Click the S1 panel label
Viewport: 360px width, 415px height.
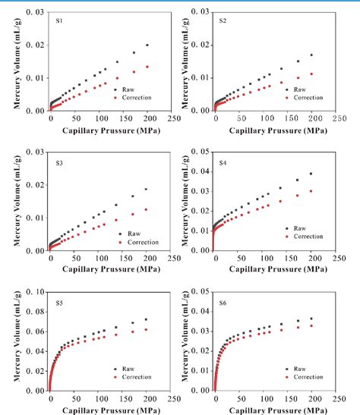pyautogui.click(x=58, y=20)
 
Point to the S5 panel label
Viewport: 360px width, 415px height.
pyautogui.click(x=58, y=302)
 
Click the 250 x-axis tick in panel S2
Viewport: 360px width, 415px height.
pyautogui.click(x=338, y=118)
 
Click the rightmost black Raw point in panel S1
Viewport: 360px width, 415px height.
pyautogui.click(x=147, y=46)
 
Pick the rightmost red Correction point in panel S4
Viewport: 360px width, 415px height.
pyautogui.click(x=311, y=191)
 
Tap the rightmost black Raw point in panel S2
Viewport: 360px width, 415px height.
pyautogui.click(x=311, y=55)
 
